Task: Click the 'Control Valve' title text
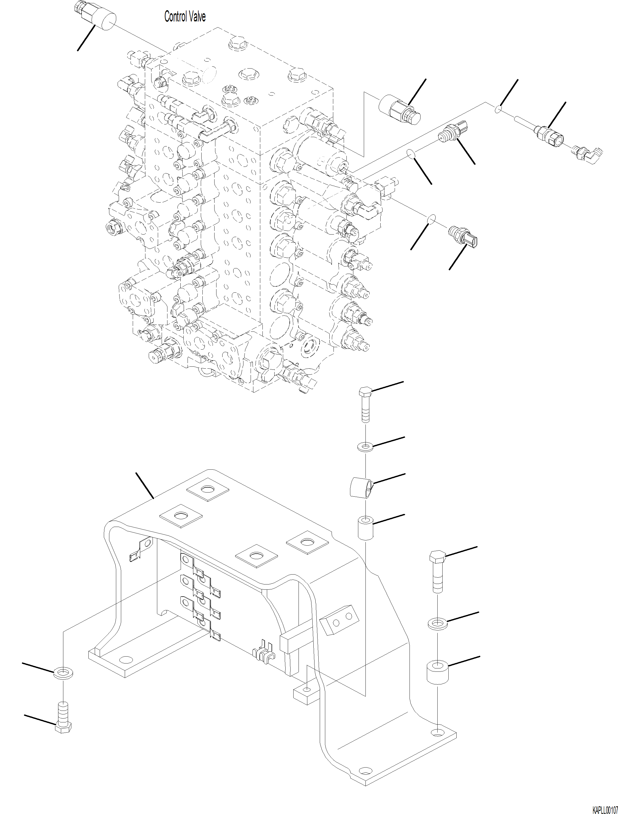(x=185, y=17)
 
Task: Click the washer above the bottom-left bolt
(x=63, y=674)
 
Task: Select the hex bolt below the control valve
(x=365, y=404)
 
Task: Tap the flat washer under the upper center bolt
(x=365, y=447)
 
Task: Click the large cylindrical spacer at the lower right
(x=437, y=672)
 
